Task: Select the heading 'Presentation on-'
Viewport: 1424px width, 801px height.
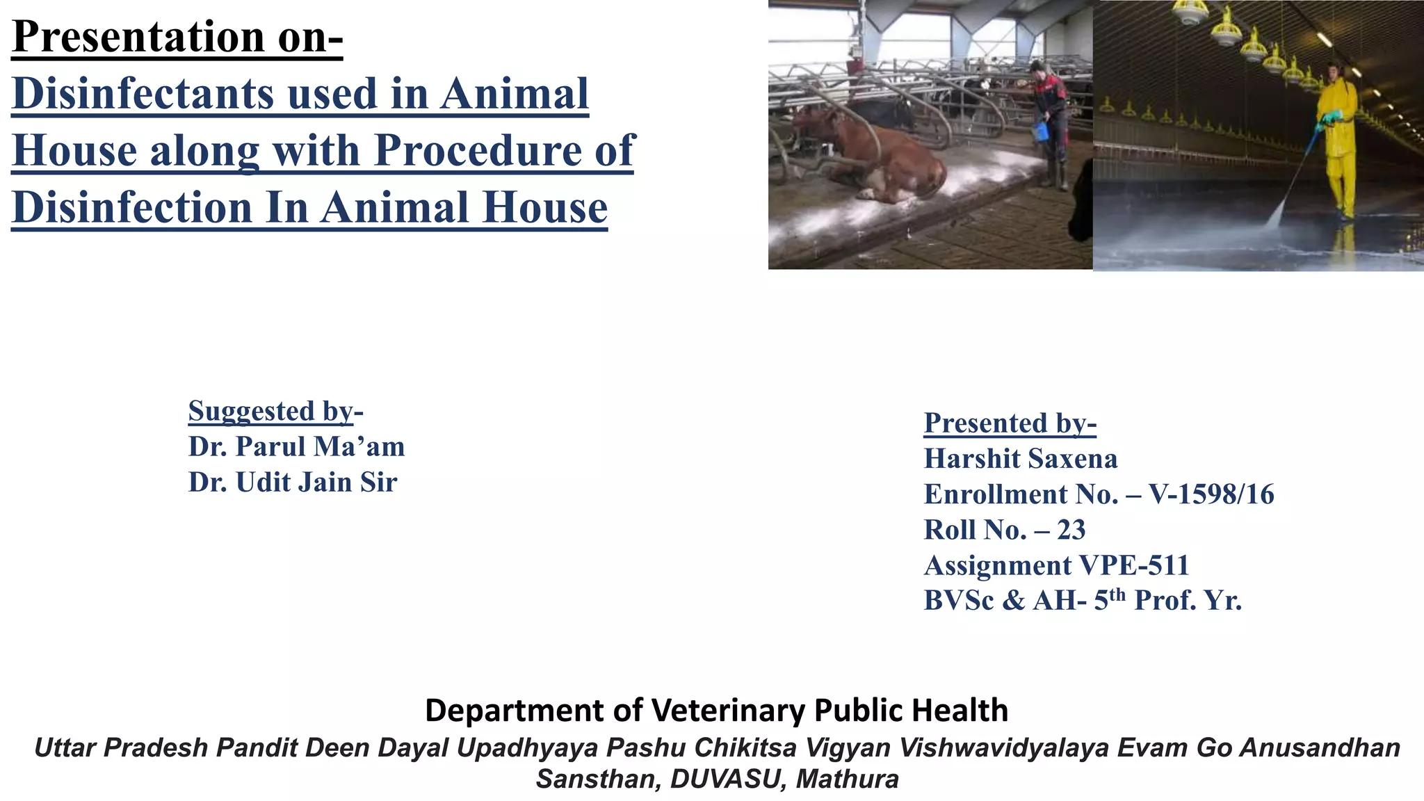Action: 177,36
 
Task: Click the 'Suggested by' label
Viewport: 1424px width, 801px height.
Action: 271,411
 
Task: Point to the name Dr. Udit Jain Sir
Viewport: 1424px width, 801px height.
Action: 293,483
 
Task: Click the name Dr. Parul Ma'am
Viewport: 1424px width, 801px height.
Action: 296,446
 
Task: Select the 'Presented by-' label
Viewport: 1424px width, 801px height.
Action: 1010,423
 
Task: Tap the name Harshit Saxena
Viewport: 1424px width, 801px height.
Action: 1020,459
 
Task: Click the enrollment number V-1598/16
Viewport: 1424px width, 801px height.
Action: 1211,494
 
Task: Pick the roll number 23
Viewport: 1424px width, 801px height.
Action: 1071,530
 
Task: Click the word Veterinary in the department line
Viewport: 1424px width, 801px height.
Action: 729,711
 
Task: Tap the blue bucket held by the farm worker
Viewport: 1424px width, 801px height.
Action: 1041,131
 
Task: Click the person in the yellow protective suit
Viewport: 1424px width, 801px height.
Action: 1338,139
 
